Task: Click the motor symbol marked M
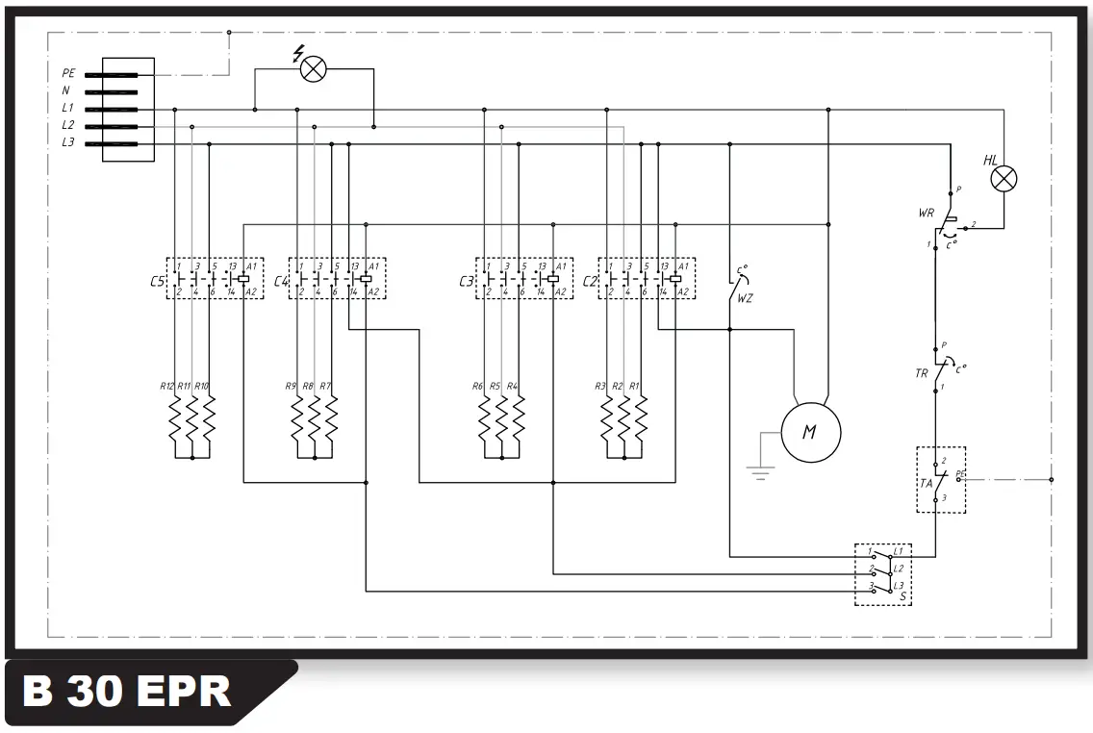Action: pyautogui.click(x=809, y=432)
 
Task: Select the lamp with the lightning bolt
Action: pyautogui.click(x=313, y=68)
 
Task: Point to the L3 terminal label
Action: pyautogui.click(x=68, y=143)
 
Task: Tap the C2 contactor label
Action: pyautogui.click(x=590, y=281)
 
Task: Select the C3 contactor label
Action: pyautogui.click(x=467, y=281)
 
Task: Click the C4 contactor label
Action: pyautogui.click(x=281, y=281)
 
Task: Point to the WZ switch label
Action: pyautogui.click(x=745, y=298)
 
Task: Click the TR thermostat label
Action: pyautogui.click(x=922, y=372)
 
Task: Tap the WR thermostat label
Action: pyautogui.click(x=927, y=212)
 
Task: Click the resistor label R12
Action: pyautogui.click(x=166, y=386)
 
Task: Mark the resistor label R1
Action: pyautogui.click(x=633, y=386)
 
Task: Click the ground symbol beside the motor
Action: pyautogui.click(x=761, y=471)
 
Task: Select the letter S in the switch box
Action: pyautogui.click(x=902, y=597)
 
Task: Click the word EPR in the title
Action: pyautogui.click(x=183, y=693)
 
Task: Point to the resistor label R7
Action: pyautogui.click(x=325, y=386)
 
